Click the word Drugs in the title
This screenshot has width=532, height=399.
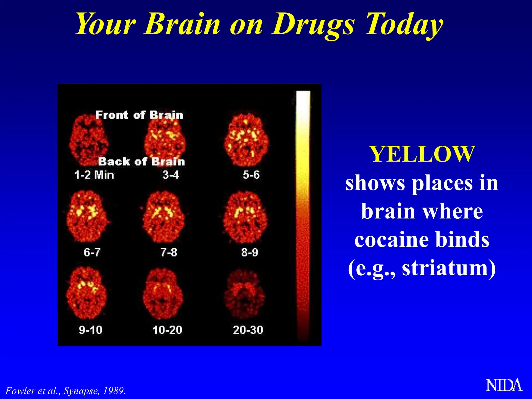coord(313,25)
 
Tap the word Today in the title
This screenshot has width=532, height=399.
coord(404,25)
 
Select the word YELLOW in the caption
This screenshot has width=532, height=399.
coord(422,154)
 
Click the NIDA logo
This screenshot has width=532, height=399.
coord(504,385)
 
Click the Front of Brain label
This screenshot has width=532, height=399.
coord(139,115)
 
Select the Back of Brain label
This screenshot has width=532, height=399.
coord(142,162)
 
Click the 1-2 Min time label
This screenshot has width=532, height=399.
coord(94,175)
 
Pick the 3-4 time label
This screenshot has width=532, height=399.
coord(171,175)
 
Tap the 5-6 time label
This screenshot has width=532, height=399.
coord(251,175)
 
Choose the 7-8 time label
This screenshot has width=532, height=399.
coord(169,252)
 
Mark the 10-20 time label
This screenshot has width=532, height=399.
coord(167,330)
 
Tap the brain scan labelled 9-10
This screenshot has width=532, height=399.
coord(86,294)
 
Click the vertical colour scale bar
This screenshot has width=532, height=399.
coord(303,216)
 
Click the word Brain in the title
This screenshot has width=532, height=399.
coord(182,25)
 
